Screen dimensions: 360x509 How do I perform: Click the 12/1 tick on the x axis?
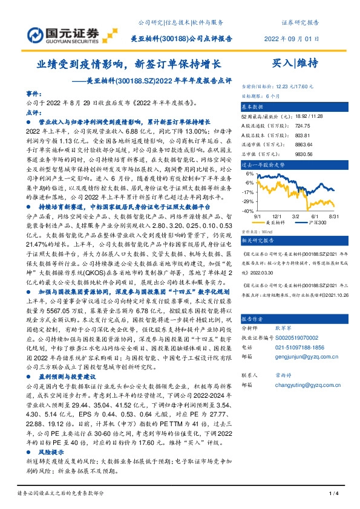coord(276,215)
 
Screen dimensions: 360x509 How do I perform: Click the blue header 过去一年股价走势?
coord(263,164)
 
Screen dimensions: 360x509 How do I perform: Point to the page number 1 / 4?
coord(332,494)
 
